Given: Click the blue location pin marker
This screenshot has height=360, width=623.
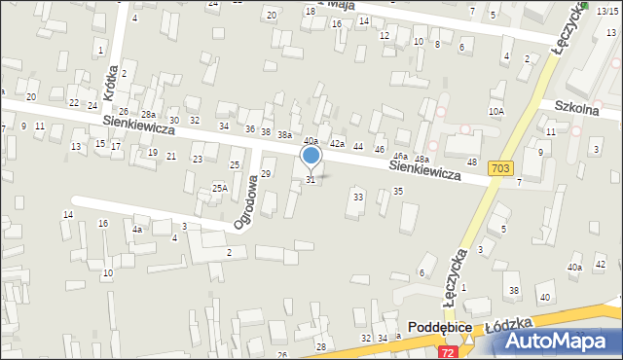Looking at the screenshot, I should coord(311,157).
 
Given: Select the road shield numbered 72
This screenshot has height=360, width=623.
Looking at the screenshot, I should coord(447,351).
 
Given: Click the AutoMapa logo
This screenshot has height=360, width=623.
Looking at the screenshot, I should coord(565,341).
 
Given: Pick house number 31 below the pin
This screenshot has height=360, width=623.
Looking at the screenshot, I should coord(311,180).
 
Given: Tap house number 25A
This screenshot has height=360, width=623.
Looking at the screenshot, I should coord(220,188).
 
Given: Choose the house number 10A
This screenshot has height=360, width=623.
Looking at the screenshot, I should coord(496,112).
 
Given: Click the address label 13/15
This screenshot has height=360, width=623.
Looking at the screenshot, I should coord(606,10).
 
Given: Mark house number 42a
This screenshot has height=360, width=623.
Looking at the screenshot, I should coord(337,143).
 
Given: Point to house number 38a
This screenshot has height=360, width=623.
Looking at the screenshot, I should coord(283,134).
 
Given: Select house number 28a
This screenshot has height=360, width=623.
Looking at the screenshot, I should coord(147,115).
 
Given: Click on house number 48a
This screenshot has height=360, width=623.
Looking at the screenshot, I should coord(421,159).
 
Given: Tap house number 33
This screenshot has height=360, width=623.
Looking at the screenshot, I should coord(358,198).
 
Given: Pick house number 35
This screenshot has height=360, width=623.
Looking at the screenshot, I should coord(398,191).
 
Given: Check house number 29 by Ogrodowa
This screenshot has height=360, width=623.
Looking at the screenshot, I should coord(266,173).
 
